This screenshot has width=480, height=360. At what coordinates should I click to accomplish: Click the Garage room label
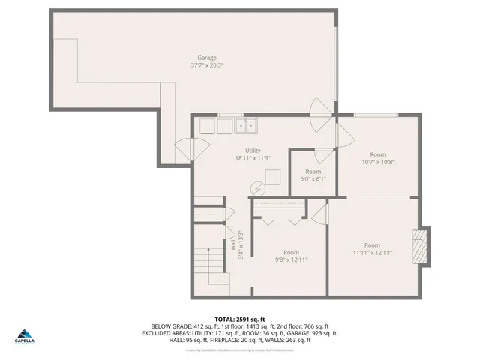tap(207, 58)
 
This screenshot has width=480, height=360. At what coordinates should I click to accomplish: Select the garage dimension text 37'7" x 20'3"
tap(207, 65)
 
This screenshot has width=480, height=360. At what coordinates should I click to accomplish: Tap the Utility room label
tap(252, 151)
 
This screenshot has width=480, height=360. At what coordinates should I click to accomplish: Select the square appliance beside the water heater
tap(272, 178)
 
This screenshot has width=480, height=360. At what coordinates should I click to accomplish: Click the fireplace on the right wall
tap(421, 244)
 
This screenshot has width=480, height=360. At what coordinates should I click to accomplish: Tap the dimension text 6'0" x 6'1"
tap(313, 179)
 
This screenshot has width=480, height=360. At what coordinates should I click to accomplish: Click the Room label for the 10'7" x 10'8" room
tap(377, 154)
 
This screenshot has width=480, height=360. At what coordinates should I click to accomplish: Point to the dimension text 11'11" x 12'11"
tap(372, 253)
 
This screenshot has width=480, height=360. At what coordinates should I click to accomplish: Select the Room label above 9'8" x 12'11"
tap(291, 252)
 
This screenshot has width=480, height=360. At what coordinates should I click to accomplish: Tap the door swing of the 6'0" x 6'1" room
tap(323, 156)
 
